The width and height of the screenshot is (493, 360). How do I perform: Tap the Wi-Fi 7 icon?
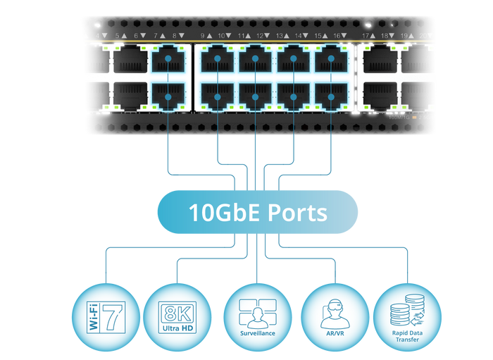[x=103, y=313]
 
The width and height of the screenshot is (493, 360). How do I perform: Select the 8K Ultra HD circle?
[x=177, y=313]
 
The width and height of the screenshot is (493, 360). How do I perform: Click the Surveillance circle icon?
[x=257, y=313]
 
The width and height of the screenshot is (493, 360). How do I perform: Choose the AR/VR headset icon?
[x=335, y=313]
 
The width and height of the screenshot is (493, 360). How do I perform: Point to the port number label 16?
[x=337, y=35]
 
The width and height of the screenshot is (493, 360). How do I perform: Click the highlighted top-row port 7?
[x=168, y=60]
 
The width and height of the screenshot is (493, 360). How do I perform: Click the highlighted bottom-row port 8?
[x=168, y=96]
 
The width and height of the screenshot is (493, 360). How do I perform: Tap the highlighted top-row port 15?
[x=330, y=60]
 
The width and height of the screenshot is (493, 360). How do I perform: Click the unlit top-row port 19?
[x=417, y=60]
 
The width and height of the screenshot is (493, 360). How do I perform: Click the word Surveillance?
[x=257, y=333]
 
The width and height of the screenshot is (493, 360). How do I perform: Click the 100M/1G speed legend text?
[x=399, y=117]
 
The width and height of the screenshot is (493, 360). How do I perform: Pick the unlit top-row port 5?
[x=130, y=60]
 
